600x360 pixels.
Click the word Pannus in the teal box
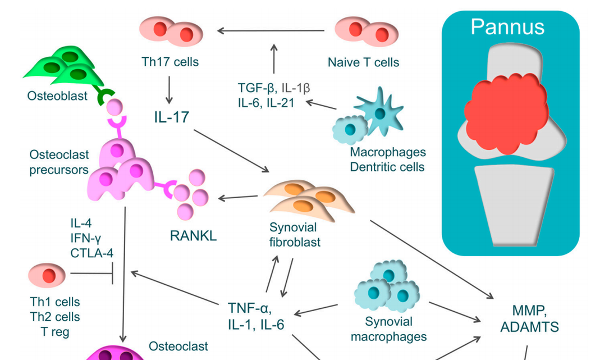507,26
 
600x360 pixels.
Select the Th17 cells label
170,61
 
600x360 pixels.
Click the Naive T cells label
363,61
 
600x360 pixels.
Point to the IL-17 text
172,117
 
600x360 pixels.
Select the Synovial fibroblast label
294,235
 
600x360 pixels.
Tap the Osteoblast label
57,96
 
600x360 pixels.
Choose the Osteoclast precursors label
59,161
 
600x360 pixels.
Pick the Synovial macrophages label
388,329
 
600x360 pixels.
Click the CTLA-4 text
91,253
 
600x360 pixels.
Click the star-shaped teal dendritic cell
380,111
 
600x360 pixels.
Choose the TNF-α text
250,308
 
